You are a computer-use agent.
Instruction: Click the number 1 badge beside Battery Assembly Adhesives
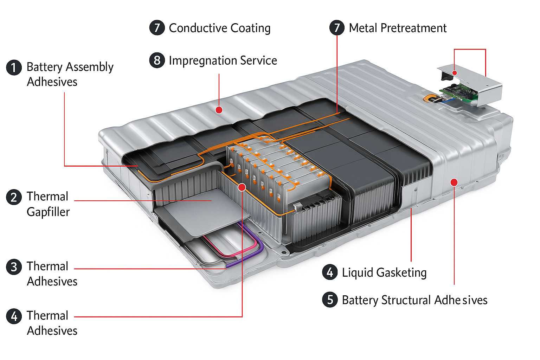14,67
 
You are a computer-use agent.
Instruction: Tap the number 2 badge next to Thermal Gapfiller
14,197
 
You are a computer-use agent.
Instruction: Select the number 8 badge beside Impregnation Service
157,60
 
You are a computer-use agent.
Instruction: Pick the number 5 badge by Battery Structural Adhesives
330,300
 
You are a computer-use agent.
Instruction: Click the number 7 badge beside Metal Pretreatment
337,28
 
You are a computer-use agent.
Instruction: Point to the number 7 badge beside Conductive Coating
157,28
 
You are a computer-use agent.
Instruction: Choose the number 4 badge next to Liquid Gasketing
330,272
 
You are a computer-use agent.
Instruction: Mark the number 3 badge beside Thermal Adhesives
14,266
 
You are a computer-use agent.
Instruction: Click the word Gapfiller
48,212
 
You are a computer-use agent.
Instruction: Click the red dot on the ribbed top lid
219,110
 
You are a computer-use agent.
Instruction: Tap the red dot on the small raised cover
455,73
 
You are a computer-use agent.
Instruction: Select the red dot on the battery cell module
242,187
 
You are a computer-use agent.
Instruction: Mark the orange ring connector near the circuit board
429,99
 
